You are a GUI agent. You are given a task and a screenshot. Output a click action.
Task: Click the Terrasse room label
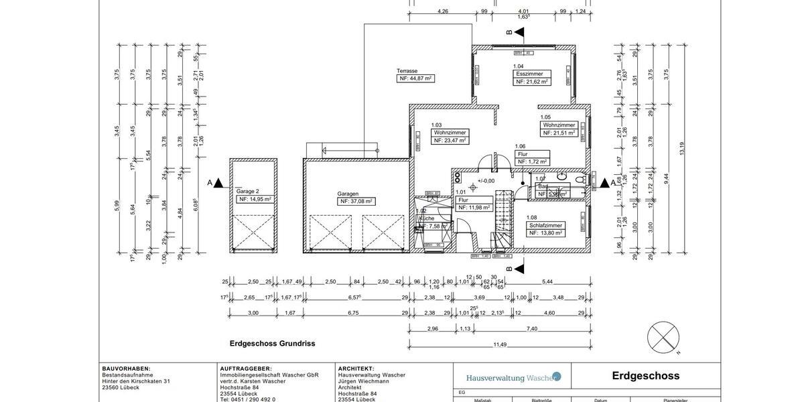point(407,70)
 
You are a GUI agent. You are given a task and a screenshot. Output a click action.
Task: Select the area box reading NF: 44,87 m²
point(415,78)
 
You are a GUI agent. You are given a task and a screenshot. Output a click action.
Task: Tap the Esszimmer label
point(529,74)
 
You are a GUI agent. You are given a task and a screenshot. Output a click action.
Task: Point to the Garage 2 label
point(247,191)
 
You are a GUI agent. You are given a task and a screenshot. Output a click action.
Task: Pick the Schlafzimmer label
point(545,225)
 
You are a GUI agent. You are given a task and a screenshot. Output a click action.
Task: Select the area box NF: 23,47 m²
point(450,141)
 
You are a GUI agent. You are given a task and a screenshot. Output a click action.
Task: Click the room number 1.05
point(545,117)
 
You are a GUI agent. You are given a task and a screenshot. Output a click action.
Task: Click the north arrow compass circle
point(663,338)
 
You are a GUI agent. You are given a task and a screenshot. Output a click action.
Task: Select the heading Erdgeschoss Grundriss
point(272,344)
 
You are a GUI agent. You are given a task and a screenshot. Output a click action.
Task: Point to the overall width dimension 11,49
point(500,344)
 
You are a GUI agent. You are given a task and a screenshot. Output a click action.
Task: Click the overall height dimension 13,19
point(682,149)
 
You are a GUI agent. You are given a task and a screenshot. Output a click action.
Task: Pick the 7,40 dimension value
point(532,329)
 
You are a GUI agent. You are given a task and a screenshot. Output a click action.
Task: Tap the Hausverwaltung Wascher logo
point(513,377)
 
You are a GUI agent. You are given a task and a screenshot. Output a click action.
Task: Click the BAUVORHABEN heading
point(126,368)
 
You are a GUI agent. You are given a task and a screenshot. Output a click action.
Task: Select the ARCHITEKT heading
point(356,368)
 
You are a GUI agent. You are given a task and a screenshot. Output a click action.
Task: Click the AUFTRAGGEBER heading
point(246,368)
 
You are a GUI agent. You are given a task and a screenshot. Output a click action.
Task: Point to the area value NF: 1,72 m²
point(533,161)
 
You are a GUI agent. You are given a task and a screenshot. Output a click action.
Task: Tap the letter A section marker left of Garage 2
point(210,183)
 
